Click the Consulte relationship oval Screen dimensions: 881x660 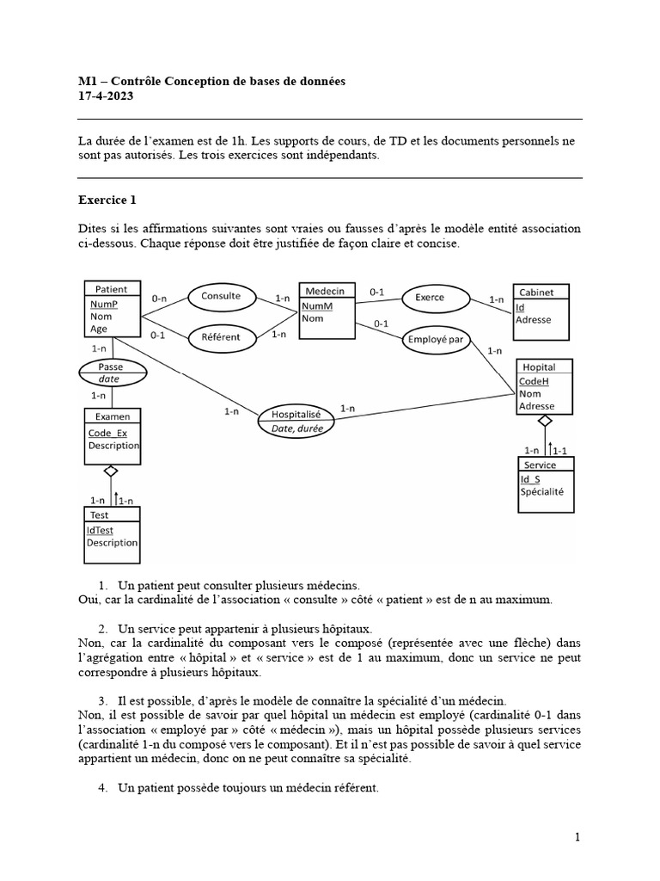(x=221, y=296)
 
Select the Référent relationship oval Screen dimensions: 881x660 (x=221, y=337)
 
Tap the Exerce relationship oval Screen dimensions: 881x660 (x=429, y=298)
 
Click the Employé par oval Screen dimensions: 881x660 (x=436, y=340)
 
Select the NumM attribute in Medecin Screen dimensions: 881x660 (x=316, y=305)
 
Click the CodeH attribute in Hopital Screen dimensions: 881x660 (x=533, y=381)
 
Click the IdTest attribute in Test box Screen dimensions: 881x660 (x=99, y=530)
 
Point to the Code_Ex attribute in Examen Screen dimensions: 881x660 (x=107, y=433)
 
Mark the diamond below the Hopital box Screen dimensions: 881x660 (x=543, y=421)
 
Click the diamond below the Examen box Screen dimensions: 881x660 (x=110, y=471)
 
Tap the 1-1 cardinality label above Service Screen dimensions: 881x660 (x=559, y=450)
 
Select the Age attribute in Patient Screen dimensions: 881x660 (x=99, y=329)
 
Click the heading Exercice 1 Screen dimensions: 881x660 (x=107, y=200)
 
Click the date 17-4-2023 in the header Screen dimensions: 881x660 (x=106, y=96)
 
